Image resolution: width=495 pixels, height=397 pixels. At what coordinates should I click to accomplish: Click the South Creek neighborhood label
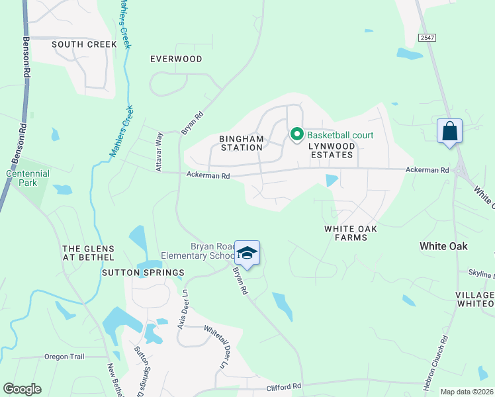click(84, 44)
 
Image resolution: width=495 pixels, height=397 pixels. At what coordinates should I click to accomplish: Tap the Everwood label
click(176, 59)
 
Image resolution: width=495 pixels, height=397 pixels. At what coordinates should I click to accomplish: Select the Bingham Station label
click(241, 143)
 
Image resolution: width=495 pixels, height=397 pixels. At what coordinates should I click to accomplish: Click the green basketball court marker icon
click(296, 135)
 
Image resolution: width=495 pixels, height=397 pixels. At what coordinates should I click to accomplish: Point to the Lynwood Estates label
click(332, 154)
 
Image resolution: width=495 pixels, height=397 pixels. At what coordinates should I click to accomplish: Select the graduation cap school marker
click(247, 253)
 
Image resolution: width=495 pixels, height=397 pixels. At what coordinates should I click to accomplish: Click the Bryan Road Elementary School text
click(199, 251)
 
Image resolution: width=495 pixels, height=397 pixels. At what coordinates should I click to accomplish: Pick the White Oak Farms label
click(350, 232)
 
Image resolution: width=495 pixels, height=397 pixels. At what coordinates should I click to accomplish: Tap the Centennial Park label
click(27, 177)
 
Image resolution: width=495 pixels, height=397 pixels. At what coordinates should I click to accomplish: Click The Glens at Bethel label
click(88, 253)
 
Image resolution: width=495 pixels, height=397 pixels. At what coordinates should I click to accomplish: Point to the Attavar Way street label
click(159, 155)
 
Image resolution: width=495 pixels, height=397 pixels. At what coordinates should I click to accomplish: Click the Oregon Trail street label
click(64, 357)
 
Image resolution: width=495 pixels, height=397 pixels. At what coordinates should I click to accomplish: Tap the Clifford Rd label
click(283, 386)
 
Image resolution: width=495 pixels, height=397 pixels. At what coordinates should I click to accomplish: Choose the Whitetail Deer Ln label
click(216, 347)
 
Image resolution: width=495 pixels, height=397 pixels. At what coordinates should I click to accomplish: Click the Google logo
click(22, 389)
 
